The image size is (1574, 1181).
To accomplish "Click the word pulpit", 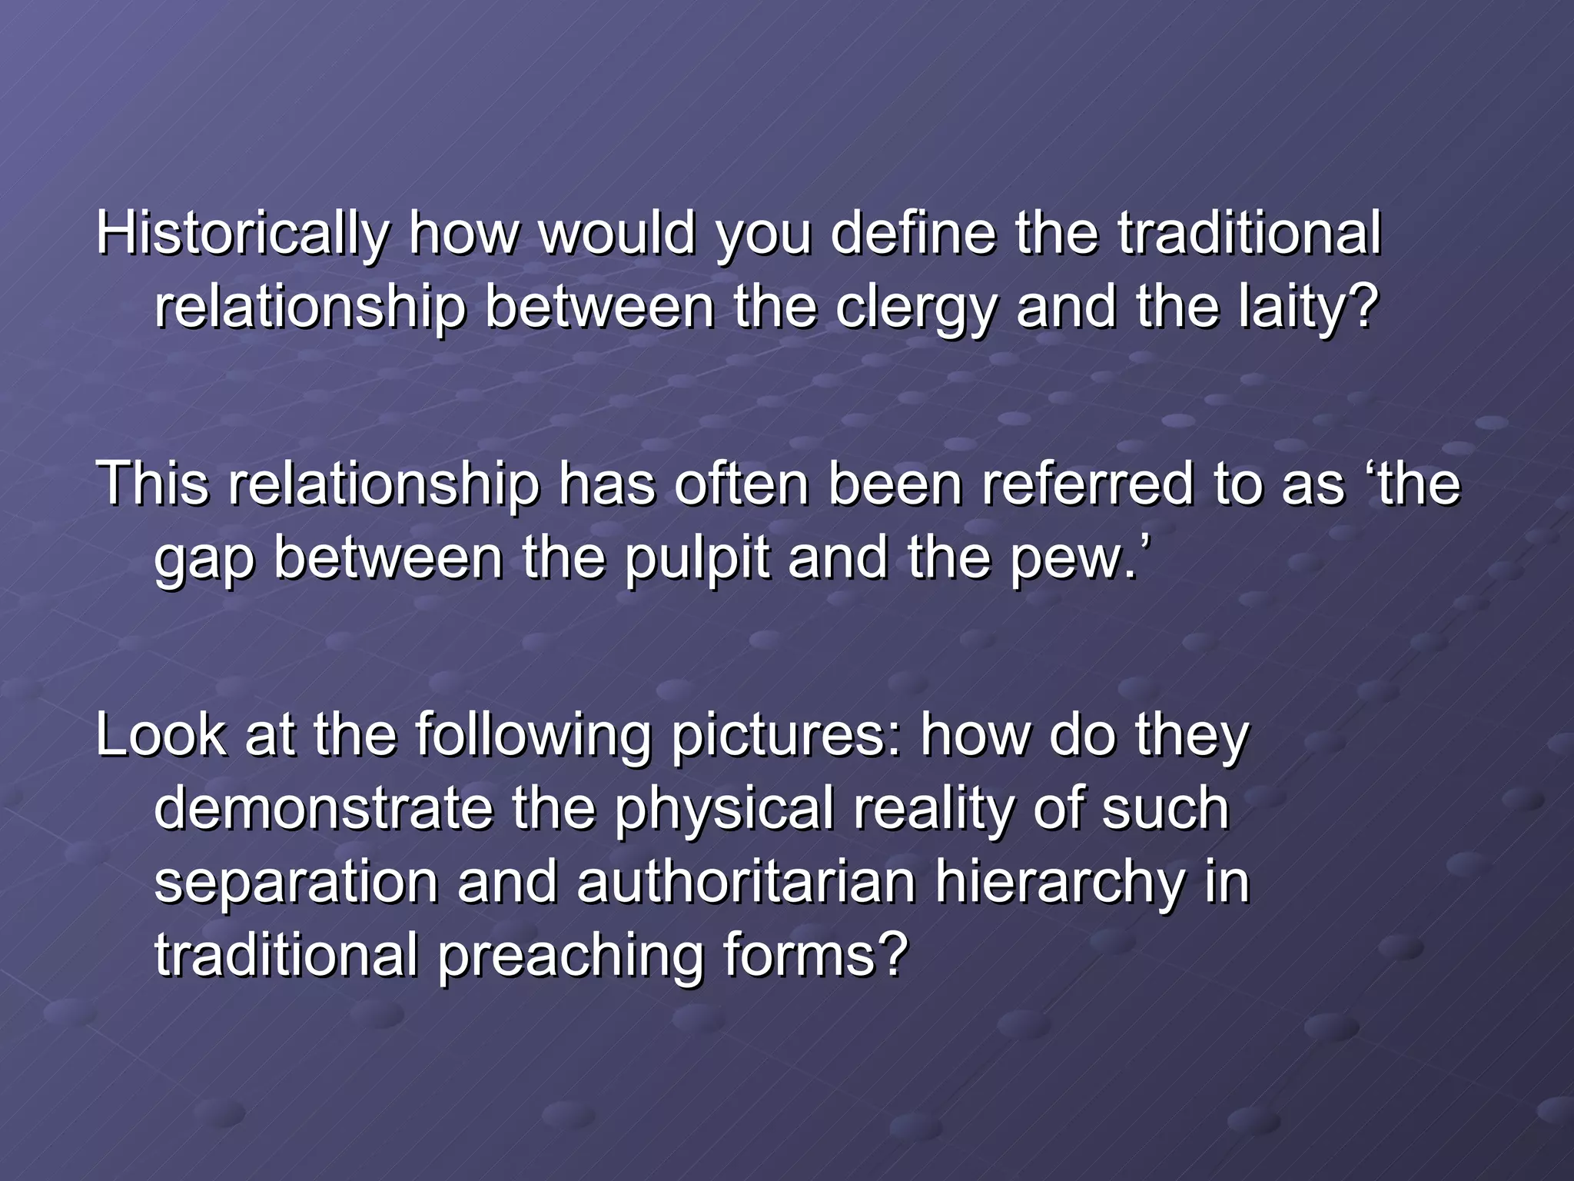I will [696, 559].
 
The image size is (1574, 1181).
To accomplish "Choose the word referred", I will [1088, 484].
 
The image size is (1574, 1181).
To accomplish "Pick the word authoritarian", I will [745, 883].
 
